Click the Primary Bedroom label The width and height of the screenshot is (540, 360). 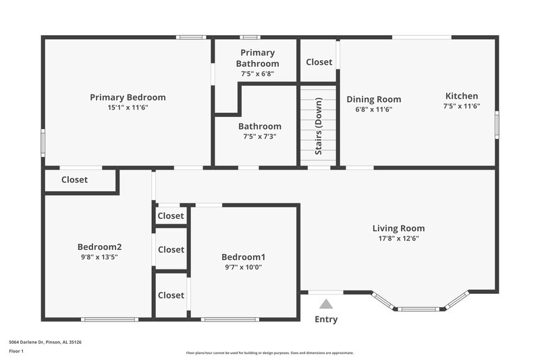(x=128, y=97)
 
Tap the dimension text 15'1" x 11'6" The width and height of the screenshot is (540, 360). (x=128, y=107)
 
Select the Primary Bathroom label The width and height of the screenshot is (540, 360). (x=257, y=58)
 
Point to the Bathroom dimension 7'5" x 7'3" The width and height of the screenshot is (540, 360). (x=260, y=136)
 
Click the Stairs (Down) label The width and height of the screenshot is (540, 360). (x=319, y=126)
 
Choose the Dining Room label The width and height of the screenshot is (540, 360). (x=373, y=99)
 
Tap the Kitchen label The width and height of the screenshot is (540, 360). (x=461, y=96)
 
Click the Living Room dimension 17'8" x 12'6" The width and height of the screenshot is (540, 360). (x=398, y=238)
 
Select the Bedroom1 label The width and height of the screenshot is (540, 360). (x=243, y=257)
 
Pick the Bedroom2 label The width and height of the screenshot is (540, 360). (x=99, y=247)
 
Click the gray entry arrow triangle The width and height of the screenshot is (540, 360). (x=326, y=305)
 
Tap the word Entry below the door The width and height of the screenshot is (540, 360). (x=326, y=319)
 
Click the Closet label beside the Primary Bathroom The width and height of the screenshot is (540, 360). (x=319, y=62)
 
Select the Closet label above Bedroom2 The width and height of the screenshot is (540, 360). (x=74, y=180)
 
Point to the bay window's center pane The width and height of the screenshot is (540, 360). (x=418, y=309)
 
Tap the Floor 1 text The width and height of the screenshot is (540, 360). (x=16, y=351)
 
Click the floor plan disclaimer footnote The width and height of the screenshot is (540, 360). (x=269, y=353)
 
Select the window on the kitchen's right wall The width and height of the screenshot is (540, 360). (x=497, y=125)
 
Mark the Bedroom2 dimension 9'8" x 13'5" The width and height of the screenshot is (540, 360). (x=99, y=257)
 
